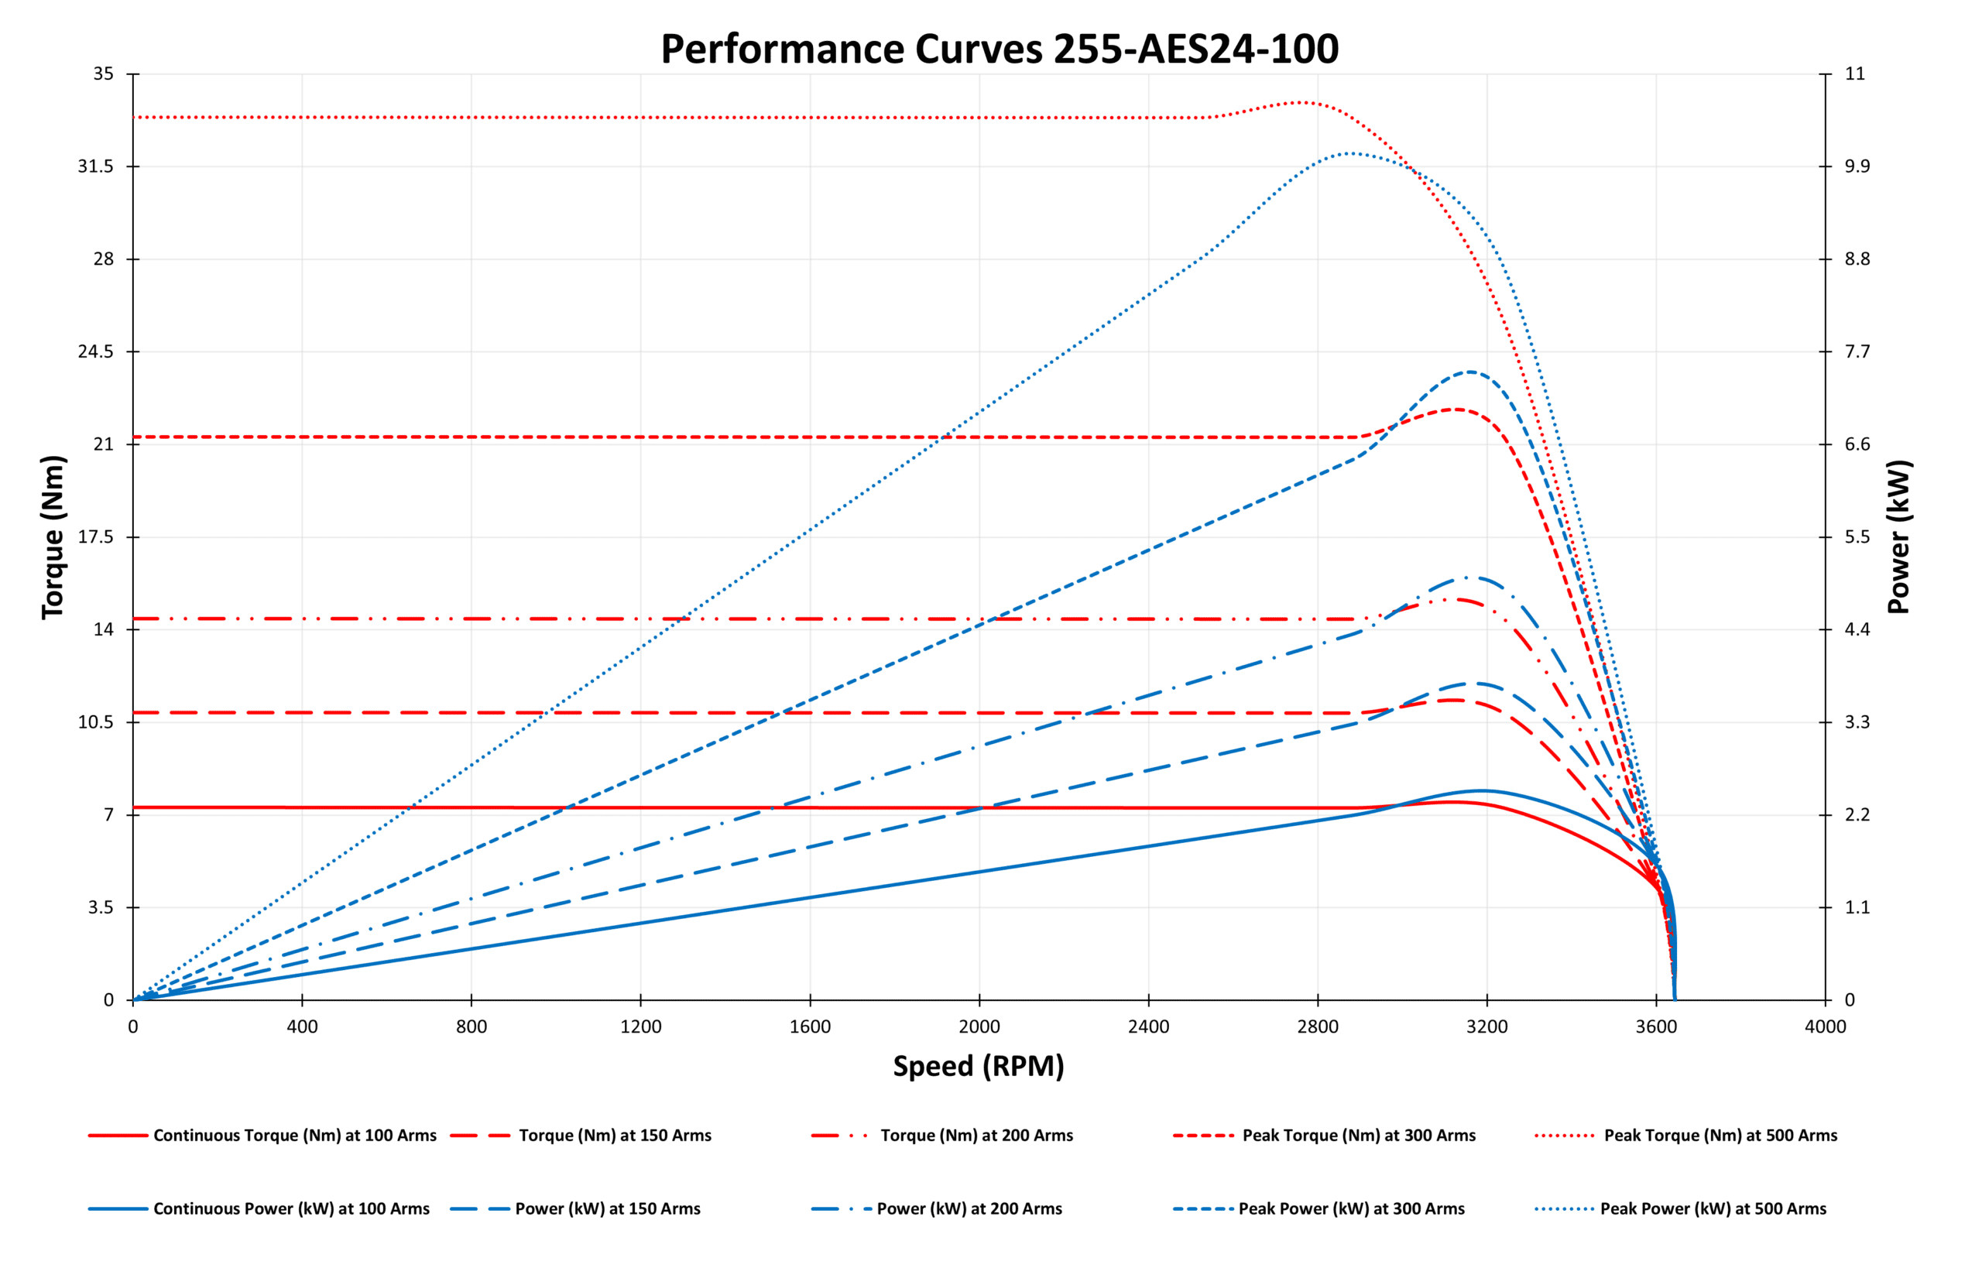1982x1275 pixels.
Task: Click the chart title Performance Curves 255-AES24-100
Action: pos(999,49)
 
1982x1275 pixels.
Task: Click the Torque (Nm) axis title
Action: pos(53,536)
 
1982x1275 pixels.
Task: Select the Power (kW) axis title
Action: pos(1898,536)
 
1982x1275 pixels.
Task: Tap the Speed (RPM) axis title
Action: pos(978,1065)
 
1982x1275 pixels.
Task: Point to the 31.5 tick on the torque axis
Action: pos(95,166)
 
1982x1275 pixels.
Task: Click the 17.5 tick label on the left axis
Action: pos(95,537)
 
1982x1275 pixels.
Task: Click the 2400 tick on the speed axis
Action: pos(1148,1027)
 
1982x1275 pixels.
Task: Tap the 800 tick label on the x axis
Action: pos(471,1027)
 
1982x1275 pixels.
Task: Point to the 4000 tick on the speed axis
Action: pos(1825,1027)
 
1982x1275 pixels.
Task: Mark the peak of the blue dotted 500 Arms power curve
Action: pos(1349,153)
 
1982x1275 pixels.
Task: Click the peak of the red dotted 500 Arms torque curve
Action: pos(1301,103)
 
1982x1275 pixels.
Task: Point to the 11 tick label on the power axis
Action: pos(1854,74)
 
